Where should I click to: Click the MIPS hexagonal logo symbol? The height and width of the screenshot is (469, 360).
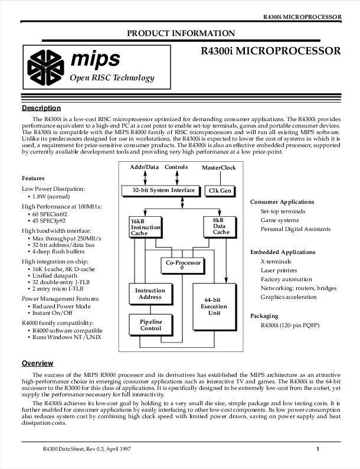[45, 67]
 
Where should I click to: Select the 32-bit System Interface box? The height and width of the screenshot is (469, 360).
[161, 191]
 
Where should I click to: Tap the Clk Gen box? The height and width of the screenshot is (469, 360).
[220, 191]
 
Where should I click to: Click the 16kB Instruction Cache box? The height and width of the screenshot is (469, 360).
[146, 227]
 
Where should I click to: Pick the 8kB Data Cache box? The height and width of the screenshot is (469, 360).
[220, 227]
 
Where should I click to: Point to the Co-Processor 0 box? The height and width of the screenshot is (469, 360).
[182, 265]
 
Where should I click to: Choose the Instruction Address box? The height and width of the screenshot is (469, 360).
[151, 294]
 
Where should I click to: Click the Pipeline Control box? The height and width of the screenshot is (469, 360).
[151, 325]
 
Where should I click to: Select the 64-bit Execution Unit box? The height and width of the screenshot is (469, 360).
[214, 307]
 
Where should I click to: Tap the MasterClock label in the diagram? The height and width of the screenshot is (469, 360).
[219, 168]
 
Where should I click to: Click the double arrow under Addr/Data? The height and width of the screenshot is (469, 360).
[145, 178]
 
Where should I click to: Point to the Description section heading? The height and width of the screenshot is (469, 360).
[41, 108]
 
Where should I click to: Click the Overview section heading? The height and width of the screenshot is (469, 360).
[37, 363]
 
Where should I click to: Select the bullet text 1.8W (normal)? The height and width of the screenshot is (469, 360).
[51, 197]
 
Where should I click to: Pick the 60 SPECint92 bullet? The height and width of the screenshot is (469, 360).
[50, 214]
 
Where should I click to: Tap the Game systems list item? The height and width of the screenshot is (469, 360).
[280, 220]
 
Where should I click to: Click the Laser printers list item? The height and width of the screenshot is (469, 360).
[279, 271]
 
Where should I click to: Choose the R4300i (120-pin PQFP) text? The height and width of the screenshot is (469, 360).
[290, 325]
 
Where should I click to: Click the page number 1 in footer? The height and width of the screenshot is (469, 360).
[318, 449]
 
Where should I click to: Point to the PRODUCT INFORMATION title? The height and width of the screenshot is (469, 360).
[181, 33]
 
